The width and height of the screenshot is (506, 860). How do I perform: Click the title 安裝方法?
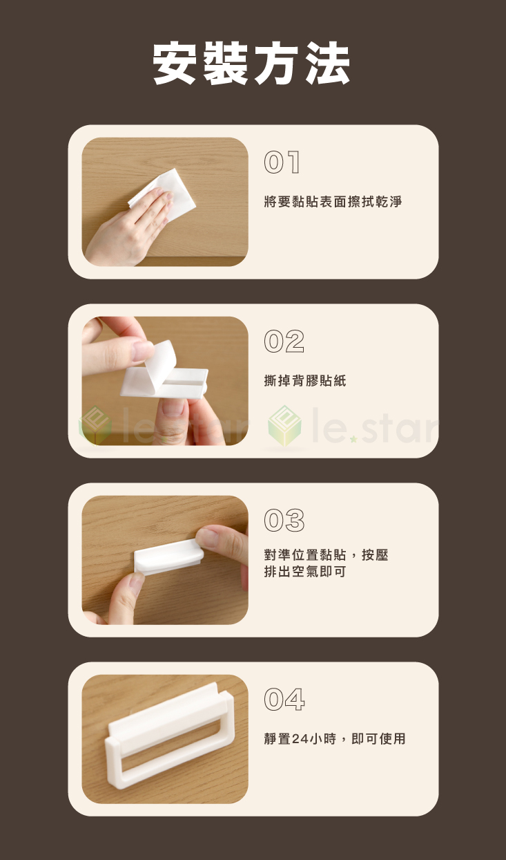tap(252, 64)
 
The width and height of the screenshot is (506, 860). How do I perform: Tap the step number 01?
tap(282, 163)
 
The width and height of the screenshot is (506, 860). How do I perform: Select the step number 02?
tap(284, 342)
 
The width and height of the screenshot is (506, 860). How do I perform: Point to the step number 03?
tap(284, 520)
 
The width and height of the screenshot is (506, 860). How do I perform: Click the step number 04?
tap(284, 700)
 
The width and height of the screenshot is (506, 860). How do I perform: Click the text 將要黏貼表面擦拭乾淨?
tap(333, 202)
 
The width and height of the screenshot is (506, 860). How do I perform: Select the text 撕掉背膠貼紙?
tap(305, 380)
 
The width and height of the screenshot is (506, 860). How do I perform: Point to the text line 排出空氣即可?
tap(305, 572)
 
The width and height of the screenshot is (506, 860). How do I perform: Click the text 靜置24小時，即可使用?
tap(335, 739)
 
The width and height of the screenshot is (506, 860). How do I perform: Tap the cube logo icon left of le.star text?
tap(284, 427)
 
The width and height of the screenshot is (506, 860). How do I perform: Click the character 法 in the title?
tap(326, 64)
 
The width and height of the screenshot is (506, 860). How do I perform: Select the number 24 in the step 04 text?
tap(300, 739)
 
